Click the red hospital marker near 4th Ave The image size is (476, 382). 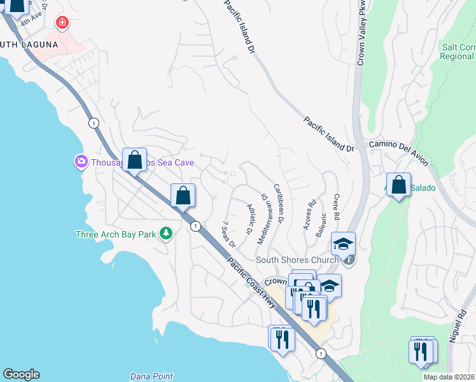(62, 24)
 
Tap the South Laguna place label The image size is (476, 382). (29, 45)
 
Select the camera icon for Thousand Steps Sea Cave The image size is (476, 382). (81, 162)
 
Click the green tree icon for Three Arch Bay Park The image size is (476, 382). (165, 234)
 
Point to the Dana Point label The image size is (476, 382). (151, 376)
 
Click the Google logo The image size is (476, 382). (21, 374)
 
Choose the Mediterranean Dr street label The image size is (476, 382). (267, 216)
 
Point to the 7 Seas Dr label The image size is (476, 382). (228, 235)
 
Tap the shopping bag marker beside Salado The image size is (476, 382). (398, 185)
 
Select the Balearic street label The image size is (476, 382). (322, 225)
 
